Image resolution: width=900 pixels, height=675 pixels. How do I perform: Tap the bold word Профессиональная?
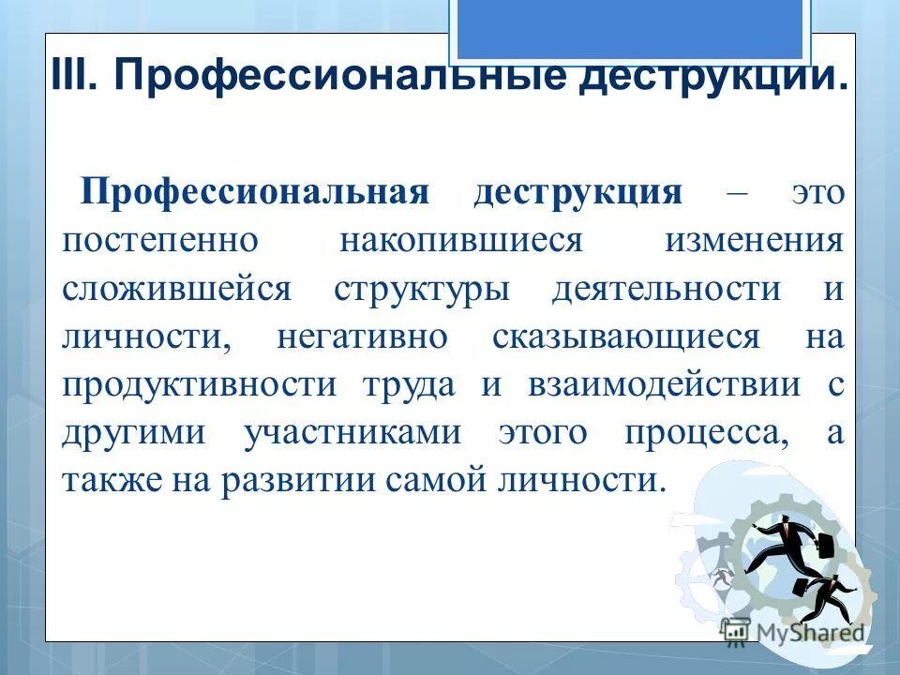254,192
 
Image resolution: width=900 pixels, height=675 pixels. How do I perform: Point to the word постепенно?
159,240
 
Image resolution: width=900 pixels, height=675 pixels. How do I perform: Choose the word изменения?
754,240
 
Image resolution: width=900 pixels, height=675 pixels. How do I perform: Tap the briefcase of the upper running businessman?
826,544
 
